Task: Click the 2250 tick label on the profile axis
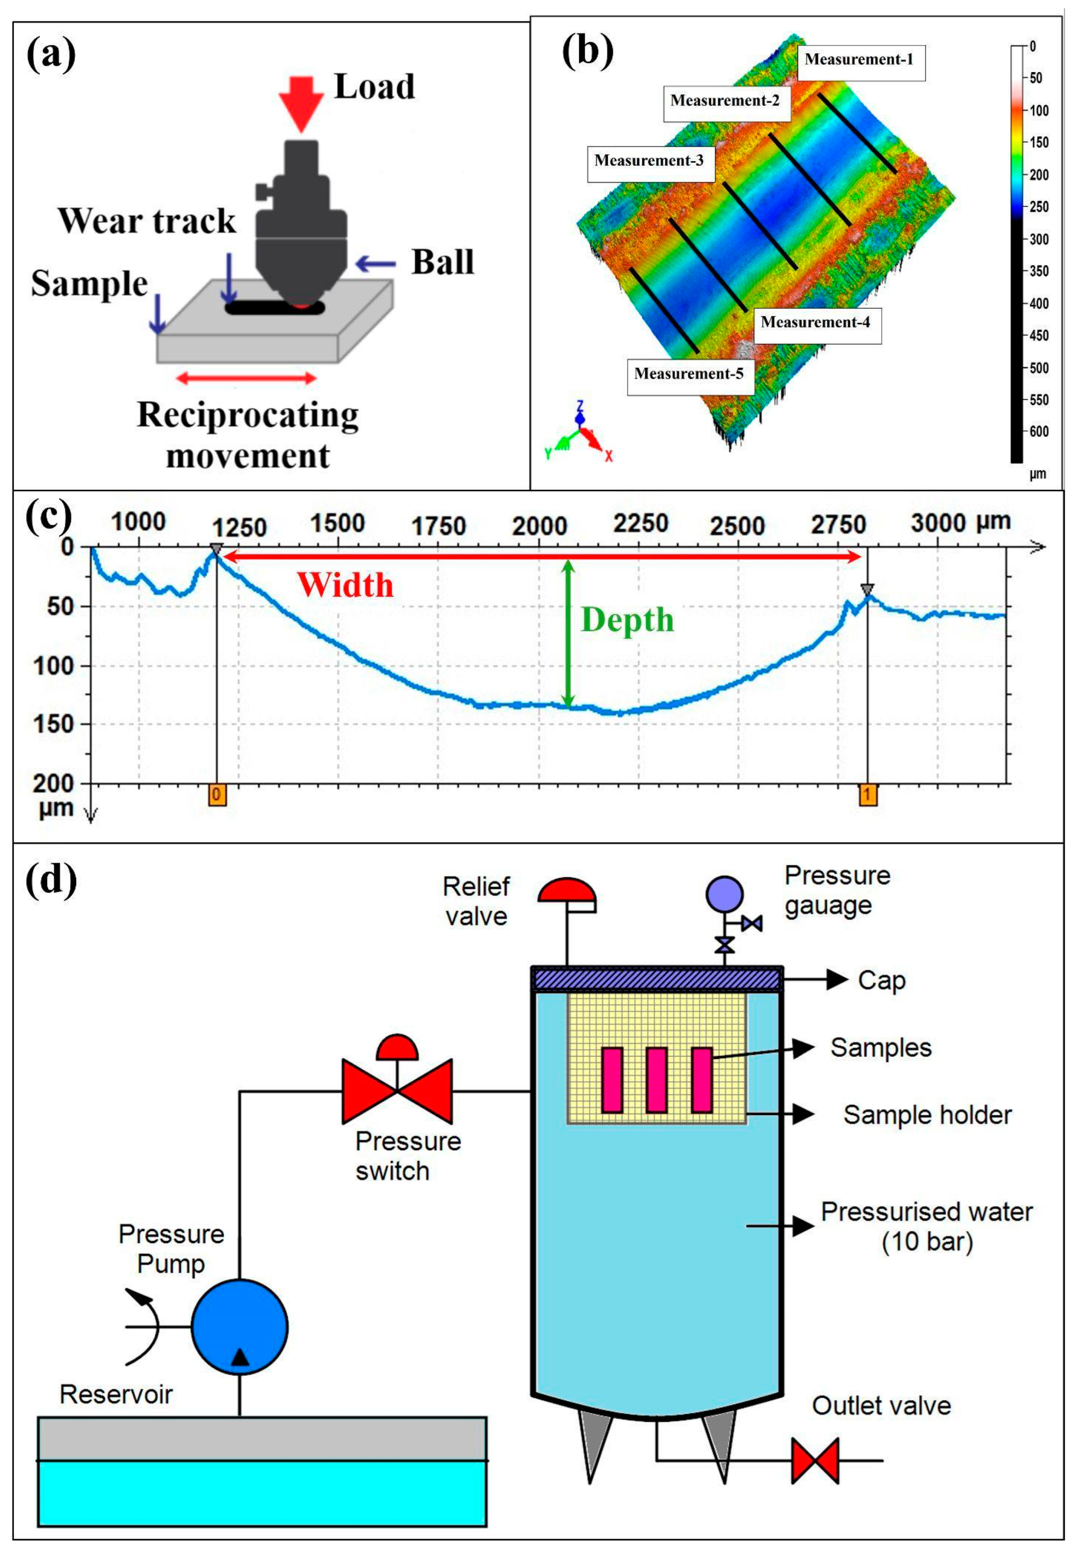(640, 523)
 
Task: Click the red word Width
(345, 584)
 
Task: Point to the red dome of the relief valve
(567, 891)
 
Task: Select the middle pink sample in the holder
(656, 1079)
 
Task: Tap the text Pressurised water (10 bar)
(927, 1227)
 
